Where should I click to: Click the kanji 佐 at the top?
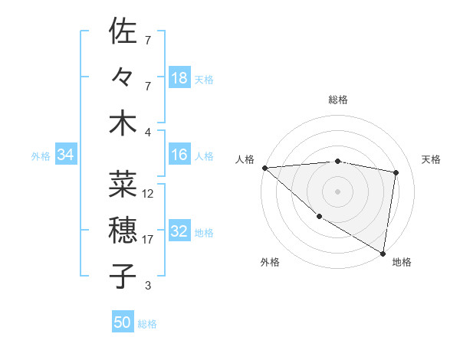tap(122, 32)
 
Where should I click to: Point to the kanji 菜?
tap(122, 185)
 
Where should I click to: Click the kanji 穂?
tap(122, 230)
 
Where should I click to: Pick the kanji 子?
tap(122, 276)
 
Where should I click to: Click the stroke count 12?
tap(149, 194)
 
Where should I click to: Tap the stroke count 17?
tap(149, 240)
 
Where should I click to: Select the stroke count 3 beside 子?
tap(148, 286)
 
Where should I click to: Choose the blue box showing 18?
tap(179, 78)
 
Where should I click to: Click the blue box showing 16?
tap(179, 155)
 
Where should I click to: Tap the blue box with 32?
tap(179, 232)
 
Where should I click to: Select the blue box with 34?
tap(66, 155)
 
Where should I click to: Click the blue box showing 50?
tap(123, 322)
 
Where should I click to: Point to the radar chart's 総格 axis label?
tap(338, 100)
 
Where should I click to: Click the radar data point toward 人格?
tap(264, 168)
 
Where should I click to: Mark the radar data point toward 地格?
tap(383, 252)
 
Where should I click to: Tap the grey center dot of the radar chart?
tap(337, 191)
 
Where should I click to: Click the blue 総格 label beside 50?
tap(147, 324)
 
